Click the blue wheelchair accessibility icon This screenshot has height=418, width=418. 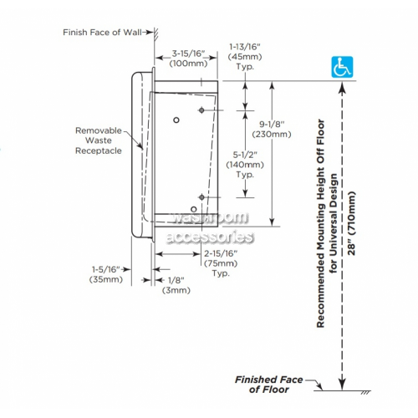coord(342,67)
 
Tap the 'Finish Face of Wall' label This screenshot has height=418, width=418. coord(102,33)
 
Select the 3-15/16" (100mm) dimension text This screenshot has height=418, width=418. coord(189,59)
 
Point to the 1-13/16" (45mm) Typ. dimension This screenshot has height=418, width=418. coord(245,57)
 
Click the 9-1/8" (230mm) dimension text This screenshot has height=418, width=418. coord(272,129)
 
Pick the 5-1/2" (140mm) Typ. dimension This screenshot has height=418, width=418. coord(245,165)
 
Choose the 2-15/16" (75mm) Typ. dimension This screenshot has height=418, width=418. coord(221,263)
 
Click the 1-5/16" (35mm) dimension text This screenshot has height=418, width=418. coord(106,274)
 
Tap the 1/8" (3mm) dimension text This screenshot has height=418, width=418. coord(176,285)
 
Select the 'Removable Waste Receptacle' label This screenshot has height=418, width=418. coord(99,140)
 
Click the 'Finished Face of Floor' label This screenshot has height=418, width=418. coord(269,385)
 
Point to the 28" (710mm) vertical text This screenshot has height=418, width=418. coord(352,223)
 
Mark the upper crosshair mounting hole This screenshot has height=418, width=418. coord(201,110)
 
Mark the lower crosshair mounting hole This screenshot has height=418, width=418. coord(201,197)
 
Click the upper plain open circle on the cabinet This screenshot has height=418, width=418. coord(176,120)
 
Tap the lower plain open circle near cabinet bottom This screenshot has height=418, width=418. coord(194,209)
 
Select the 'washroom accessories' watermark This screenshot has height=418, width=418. coord(210,227)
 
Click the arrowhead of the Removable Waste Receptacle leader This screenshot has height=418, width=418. coord(140,146)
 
